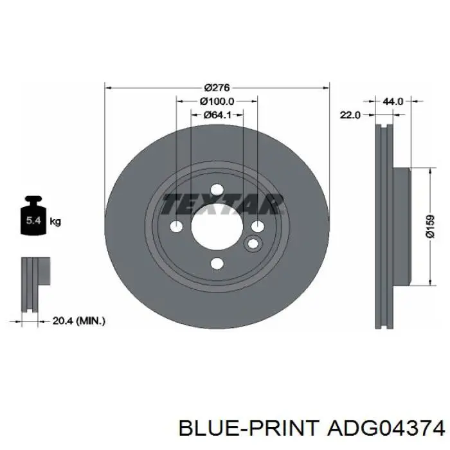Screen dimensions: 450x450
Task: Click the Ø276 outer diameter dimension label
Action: point(217,87)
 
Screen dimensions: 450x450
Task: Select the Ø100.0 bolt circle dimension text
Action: point(217,102)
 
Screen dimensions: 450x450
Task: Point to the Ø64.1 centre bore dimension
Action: point(217,115)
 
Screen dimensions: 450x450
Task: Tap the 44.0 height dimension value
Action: point(393,102)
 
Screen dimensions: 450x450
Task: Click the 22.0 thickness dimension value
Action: point(350,115)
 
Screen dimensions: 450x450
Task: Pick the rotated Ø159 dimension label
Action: point(430,227)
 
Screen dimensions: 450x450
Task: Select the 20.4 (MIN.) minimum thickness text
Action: point(79,321)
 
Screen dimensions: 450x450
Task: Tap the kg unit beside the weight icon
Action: point(55,222)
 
